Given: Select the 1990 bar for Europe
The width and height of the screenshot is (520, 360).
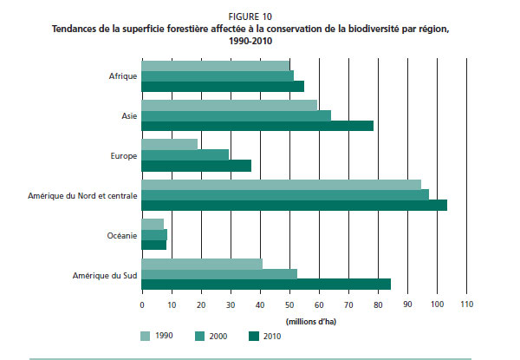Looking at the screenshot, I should click(x=170, y=143).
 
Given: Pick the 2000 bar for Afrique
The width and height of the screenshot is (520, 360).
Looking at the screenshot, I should click(x=218, y=75).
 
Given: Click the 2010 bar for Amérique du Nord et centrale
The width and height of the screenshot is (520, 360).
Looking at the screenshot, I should click(x=294, y=205).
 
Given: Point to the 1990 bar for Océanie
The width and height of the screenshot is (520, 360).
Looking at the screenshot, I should click(x=153, y=224).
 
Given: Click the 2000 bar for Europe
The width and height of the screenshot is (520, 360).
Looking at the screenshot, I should click(x=185, y=154).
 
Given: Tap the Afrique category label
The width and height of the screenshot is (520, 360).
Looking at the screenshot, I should click(x=121, y=75).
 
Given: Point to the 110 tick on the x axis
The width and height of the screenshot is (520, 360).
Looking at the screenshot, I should click(x=466, y=304).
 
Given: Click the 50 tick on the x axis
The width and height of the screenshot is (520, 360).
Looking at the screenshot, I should click(x=289, y=304).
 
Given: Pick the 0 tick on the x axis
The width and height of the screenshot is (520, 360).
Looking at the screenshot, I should click(x=141, y=304).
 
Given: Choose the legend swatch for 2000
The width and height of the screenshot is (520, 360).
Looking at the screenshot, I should click(x=200, y=335).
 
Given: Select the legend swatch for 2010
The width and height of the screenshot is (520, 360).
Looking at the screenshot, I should click(x=254, y=335).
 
